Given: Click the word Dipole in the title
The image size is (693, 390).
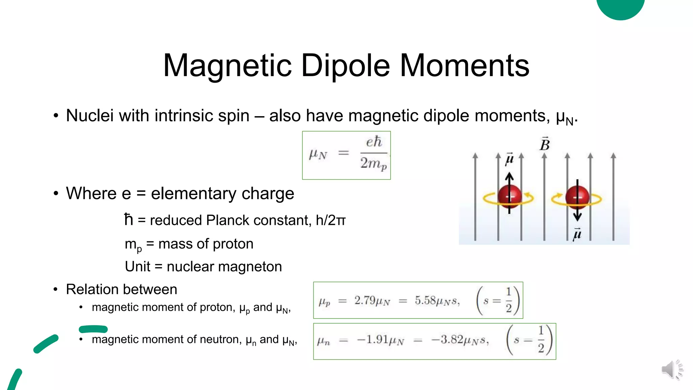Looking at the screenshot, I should [345, 66].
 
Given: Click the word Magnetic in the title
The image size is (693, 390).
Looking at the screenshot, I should [227, 66].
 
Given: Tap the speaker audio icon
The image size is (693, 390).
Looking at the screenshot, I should [672, 369].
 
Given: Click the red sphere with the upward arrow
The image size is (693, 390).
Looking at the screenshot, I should [510, 197].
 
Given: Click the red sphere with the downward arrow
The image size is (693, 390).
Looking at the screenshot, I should [577, 197].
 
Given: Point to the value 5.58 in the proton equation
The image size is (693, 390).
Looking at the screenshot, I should [426, 300].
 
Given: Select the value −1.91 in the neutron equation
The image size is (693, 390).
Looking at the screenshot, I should [373, 339].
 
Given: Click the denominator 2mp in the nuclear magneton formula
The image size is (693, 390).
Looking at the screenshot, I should [373, 164].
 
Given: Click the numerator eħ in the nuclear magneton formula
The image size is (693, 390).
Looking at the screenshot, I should [374, 142].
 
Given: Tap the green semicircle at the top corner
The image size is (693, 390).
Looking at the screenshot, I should [620, 7].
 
